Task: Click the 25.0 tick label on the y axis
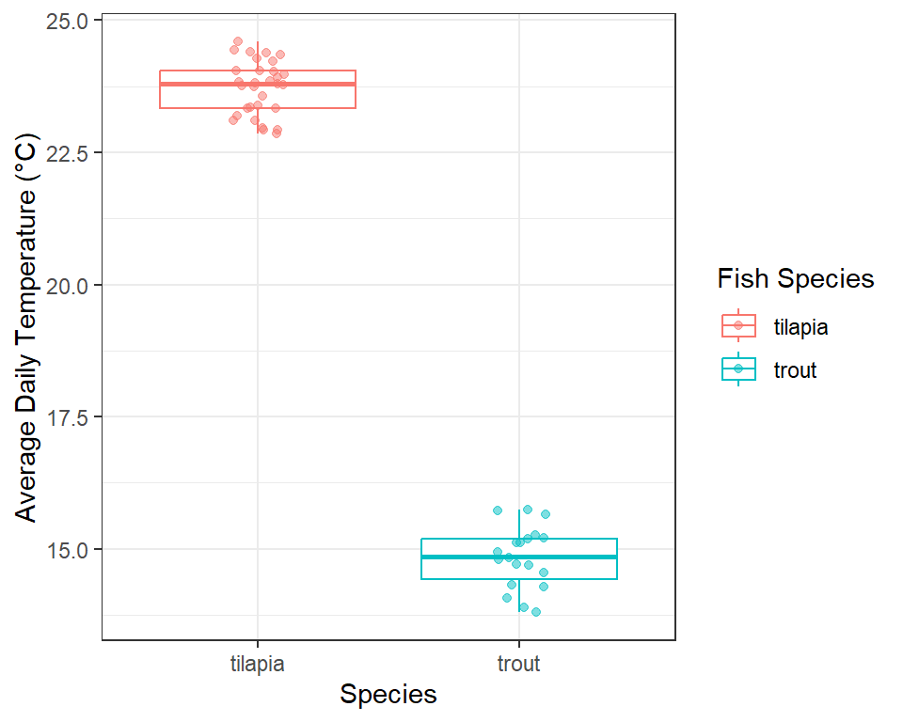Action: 67,22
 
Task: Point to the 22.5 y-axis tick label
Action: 67,154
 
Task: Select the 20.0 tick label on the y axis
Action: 67,286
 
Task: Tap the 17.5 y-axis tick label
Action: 67,418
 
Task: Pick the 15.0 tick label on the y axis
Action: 67,550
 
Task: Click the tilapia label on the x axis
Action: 258,664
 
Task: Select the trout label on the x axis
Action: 519,664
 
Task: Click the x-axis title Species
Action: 388,695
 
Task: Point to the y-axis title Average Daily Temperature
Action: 26,328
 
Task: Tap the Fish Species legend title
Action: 796,278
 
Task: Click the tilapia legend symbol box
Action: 738,325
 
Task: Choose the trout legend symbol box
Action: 738,369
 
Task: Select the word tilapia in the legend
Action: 800,327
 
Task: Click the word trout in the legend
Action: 796,370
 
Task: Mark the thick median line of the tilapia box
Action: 258,84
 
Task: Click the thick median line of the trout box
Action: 519,557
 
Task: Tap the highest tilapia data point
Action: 238,41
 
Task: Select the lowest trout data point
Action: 536,612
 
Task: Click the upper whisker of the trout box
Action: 519,525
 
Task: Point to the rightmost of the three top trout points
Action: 546,514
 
